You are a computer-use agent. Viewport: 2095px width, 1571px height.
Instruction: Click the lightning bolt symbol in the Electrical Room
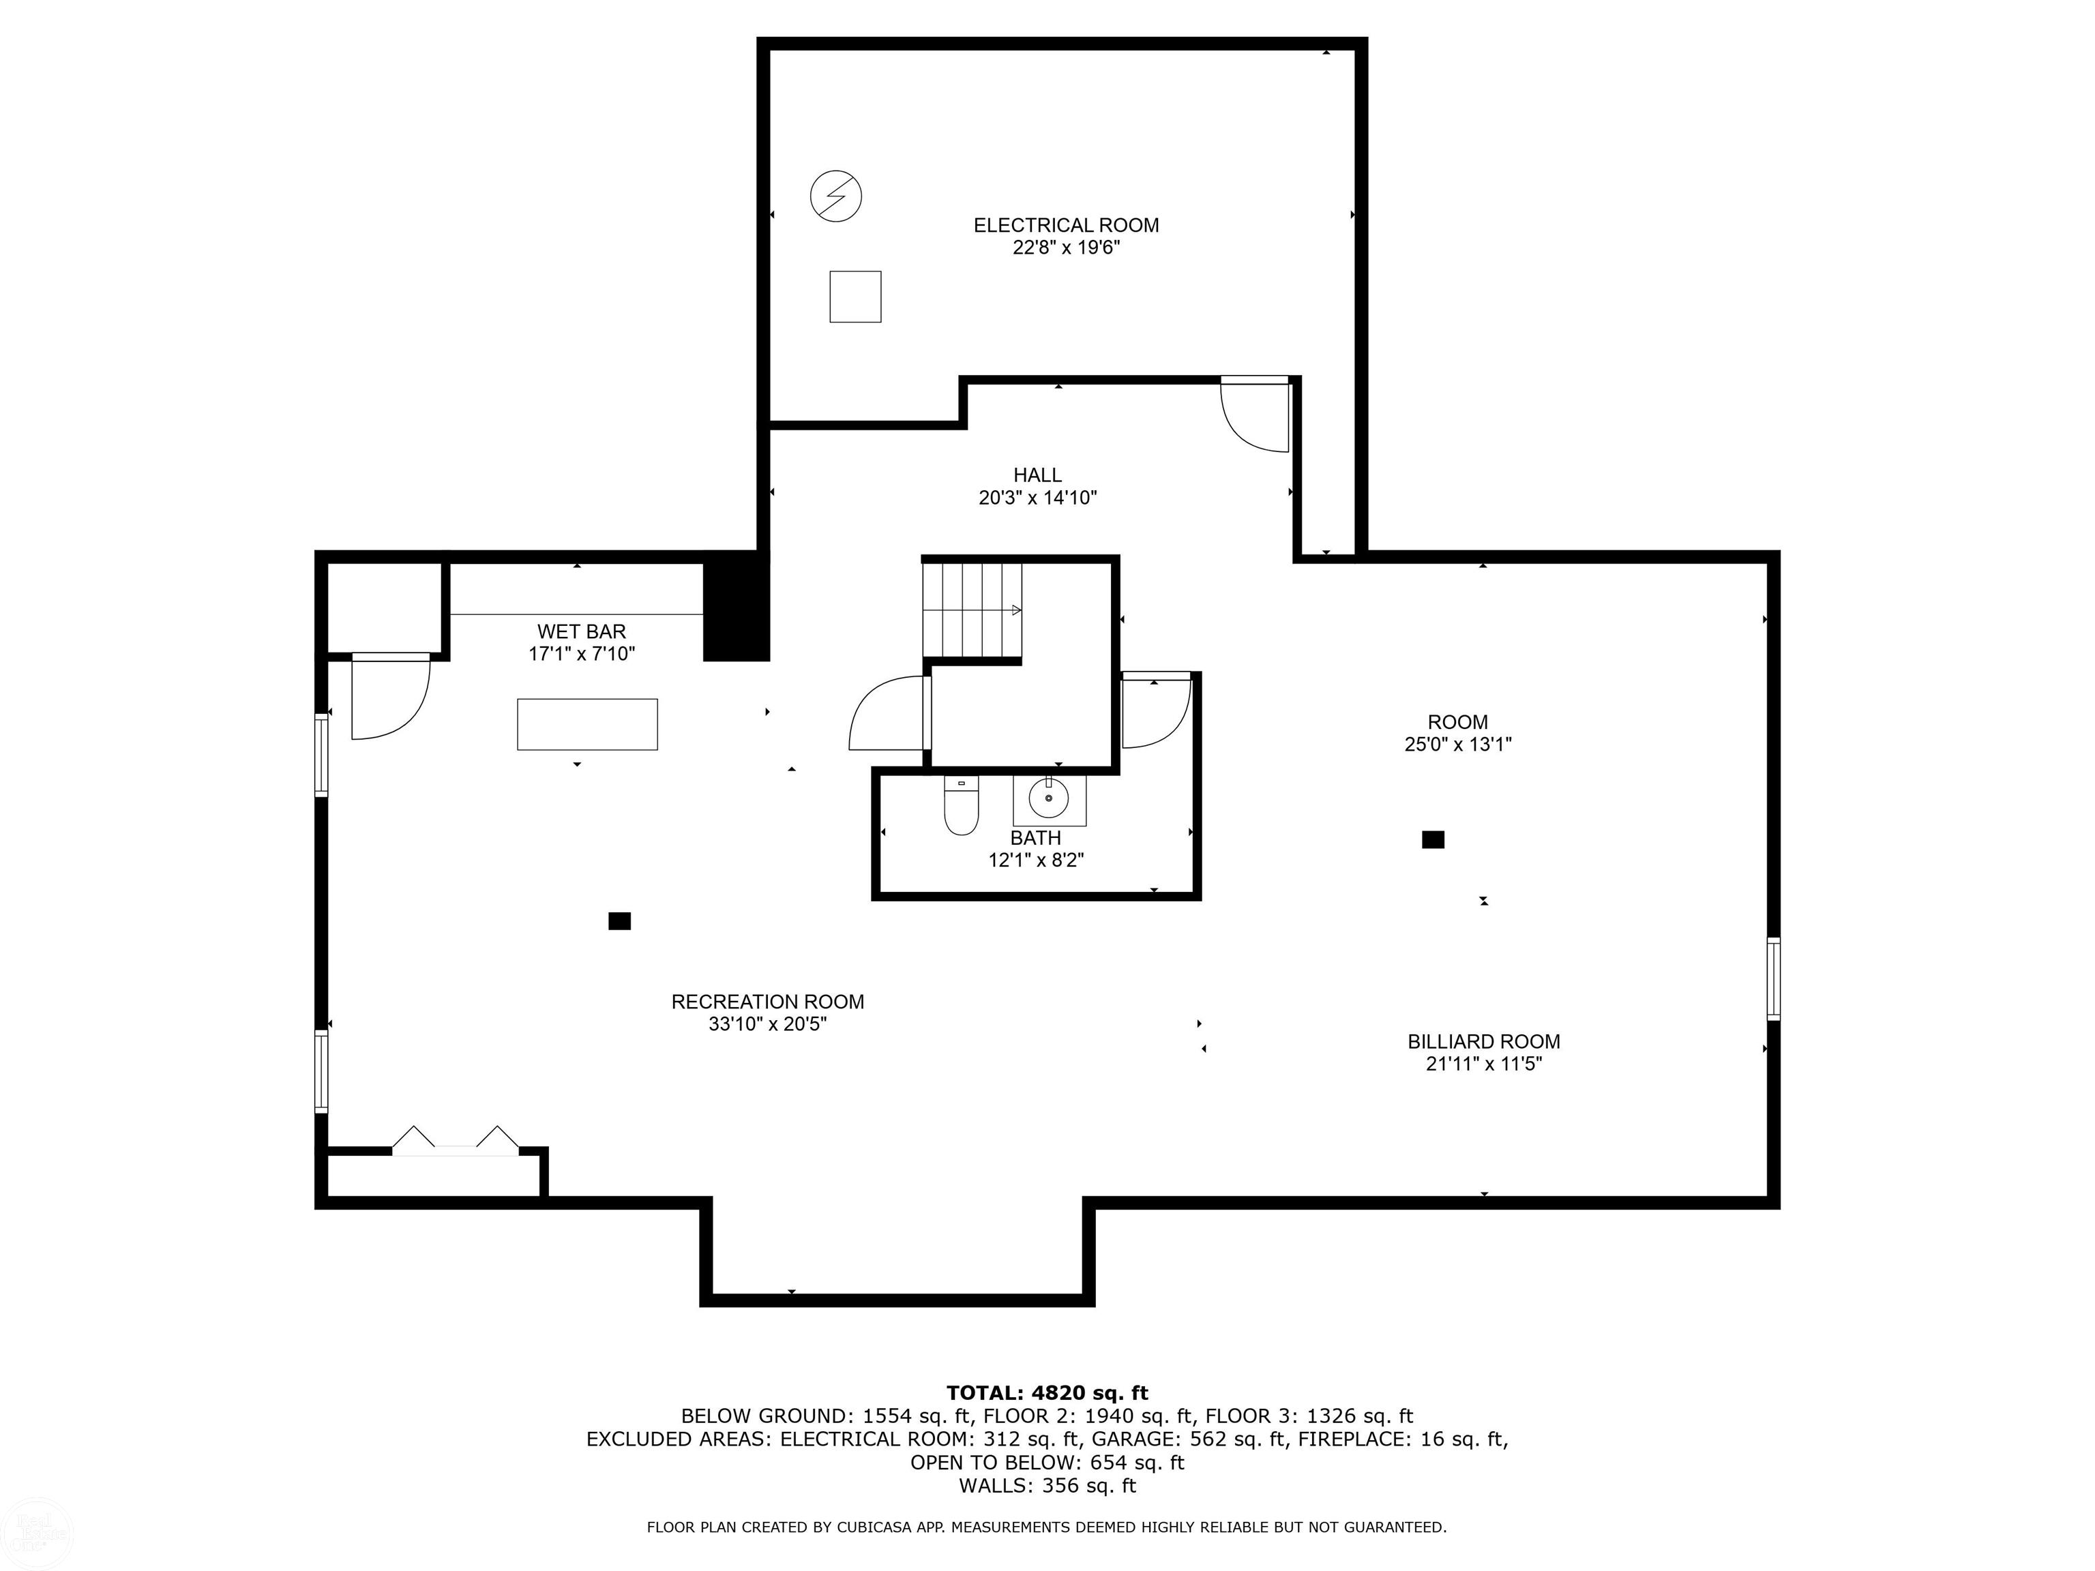(835, 196)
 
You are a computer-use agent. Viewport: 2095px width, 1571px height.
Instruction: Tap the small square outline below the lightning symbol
(855, 297)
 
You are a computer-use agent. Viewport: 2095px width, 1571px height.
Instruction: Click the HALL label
(1037, 475)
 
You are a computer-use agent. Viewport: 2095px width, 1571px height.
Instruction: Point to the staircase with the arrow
(972, 610)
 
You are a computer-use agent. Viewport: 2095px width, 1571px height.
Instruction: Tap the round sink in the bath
(1050, 798)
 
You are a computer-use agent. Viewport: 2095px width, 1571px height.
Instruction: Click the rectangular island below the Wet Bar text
(586, 724)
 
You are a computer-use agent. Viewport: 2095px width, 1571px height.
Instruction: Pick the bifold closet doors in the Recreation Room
(456, 1140)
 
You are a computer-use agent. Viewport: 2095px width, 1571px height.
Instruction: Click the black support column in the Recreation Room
(619, 921)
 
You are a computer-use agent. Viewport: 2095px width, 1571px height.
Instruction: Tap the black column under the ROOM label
(1433, 839)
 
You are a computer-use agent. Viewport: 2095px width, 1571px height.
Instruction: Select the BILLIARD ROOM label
(1483, 1042)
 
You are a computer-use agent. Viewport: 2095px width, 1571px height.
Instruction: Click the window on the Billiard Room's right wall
(1773, 978)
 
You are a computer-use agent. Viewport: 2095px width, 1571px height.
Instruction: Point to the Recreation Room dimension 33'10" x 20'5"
(767, 1025)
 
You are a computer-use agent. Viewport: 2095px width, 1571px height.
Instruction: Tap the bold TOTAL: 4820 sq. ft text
(1047, 1393)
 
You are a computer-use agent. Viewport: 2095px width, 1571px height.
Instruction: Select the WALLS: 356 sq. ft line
(1047, 1486)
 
